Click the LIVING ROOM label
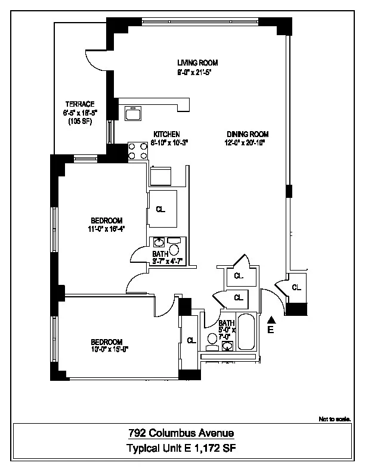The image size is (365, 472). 197,63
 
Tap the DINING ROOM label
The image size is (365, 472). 247,134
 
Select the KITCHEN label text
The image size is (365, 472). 166,134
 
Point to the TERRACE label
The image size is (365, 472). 79,104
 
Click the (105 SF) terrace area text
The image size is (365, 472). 79,121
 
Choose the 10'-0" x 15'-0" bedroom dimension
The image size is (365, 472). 106,350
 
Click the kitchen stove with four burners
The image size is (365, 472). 138,151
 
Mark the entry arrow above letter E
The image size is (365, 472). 271,320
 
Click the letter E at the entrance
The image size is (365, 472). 270,330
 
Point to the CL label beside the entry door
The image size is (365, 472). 296,287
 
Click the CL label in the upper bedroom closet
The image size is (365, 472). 160,209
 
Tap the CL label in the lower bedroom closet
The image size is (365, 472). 191,341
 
